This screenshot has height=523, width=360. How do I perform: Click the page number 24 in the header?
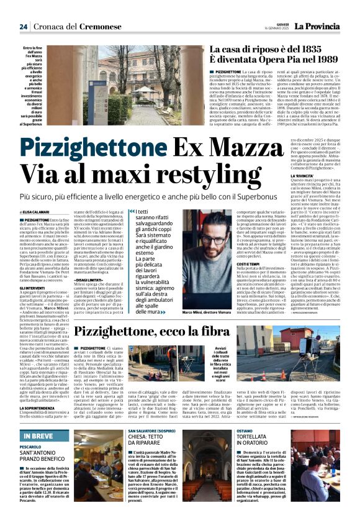tap(23, 27)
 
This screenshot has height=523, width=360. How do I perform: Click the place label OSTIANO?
tap(244, 430)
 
